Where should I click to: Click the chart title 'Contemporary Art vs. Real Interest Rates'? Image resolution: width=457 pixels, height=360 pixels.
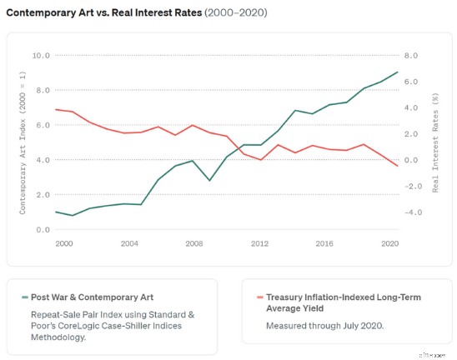(x=104, y=12)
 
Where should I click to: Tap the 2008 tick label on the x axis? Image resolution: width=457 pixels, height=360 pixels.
(x=194, y=243)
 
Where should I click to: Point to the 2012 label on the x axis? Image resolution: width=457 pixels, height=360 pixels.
(x=259, y=243)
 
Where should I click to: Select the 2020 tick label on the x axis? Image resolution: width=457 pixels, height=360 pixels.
(x=389, y=243)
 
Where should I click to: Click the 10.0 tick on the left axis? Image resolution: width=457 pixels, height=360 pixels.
(x=41, y=55)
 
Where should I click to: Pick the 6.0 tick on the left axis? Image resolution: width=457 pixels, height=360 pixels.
(x=43, y=125)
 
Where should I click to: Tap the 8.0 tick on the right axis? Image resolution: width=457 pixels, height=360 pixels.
(x=411, y=55)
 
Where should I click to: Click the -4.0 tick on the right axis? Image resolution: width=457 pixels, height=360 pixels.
(x=413, y=212)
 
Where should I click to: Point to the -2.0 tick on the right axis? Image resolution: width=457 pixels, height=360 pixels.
(x=413, y=186)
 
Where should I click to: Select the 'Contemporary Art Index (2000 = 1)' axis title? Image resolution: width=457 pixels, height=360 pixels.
(x=23, y=142)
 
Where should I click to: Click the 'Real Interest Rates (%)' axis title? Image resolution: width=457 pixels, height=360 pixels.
(x=435, y=142)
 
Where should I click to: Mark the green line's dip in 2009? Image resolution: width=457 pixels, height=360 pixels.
(x=209, y=181)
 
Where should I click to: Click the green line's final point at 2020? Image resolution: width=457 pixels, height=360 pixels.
(x=398, y=72)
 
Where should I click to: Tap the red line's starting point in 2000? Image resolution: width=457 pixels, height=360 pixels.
(x=56, y=109)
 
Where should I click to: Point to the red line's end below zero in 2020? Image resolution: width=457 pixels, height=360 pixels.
(x=398, y=166)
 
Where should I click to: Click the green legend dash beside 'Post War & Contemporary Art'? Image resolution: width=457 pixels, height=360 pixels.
(x=25, y=297)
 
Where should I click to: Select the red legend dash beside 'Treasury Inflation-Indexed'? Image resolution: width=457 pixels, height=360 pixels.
(x=260, y=297)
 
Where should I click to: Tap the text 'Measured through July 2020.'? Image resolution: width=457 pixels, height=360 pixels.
(x=324, y=326)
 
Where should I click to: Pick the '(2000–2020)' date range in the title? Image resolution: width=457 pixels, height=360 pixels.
(x=236, y=12)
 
